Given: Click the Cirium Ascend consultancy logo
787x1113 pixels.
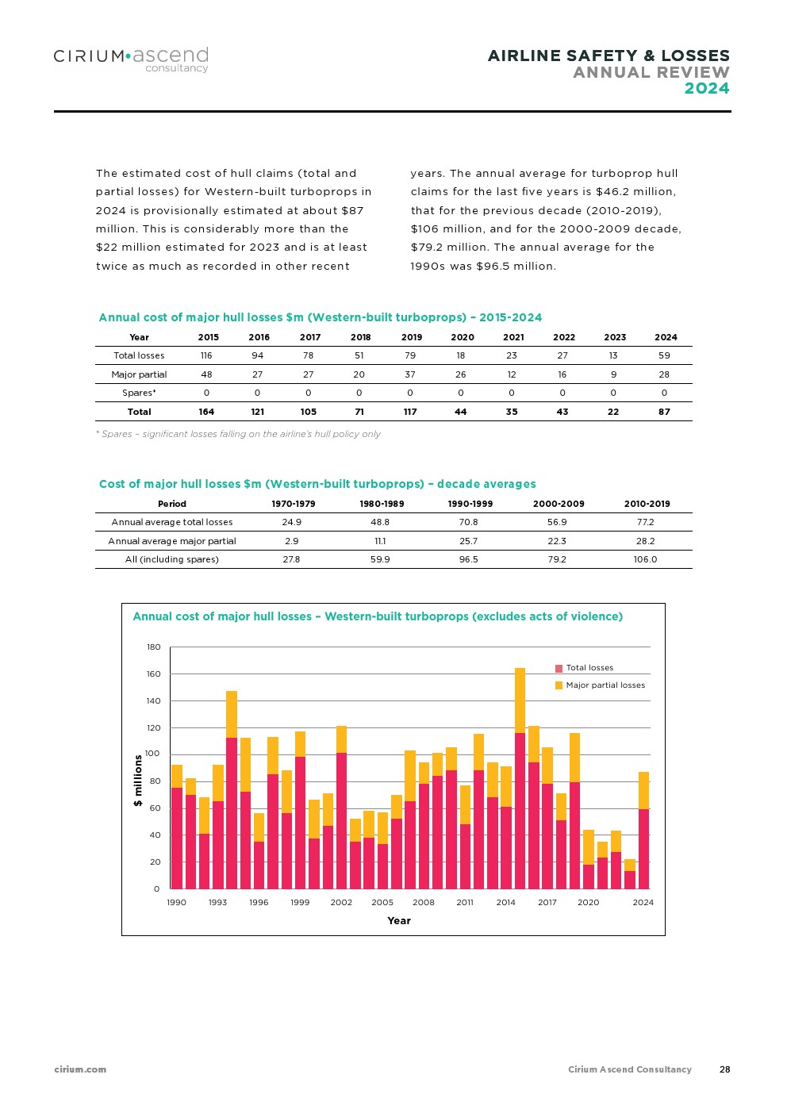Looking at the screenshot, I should (x=131, y=59).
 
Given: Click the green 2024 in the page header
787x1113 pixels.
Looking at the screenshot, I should (x=706, y=89).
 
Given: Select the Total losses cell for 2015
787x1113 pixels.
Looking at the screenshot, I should (x=206, y=355).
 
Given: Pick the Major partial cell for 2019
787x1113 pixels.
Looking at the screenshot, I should (x=410, y=374).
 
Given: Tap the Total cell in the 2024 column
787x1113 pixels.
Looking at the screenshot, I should (x=664, y=412).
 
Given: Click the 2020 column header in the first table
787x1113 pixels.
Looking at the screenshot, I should (x=462, y=337).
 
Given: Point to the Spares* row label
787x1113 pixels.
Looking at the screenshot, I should (x=139, y=393).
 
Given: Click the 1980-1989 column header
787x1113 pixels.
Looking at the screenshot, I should (x=382, y=504).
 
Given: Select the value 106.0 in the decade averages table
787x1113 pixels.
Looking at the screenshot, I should (x=645, y=559).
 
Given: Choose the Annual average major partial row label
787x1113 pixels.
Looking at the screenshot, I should (x=172, y=541).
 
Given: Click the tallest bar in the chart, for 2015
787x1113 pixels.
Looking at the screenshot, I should (x=520, y=777).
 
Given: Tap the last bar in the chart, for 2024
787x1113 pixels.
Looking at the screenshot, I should (x=643, y=830).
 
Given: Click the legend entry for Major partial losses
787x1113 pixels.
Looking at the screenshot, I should (x=605, y=685).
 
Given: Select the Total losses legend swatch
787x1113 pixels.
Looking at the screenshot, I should (x=559, y=668).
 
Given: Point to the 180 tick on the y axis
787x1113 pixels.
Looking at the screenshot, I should (x=154, y=647).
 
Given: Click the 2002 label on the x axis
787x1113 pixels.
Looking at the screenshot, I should (x=341, y=903).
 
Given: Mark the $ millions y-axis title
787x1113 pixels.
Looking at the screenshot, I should (x=138, y=781).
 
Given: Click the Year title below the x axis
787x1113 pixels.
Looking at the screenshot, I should (x=399, y=921).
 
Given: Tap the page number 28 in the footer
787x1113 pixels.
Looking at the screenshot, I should (x=724, y=1069).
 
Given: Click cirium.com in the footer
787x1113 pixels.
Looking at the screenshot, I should (x=80, y=1069).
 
